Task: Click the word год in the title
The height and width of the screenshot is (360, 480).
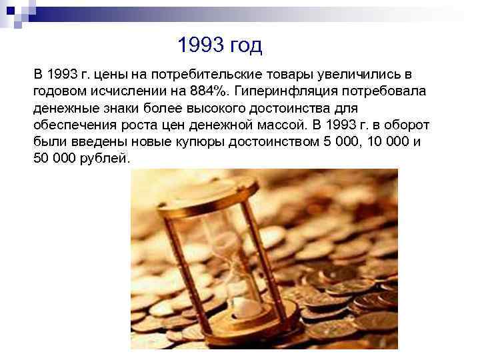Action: (x=246, y=45)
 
